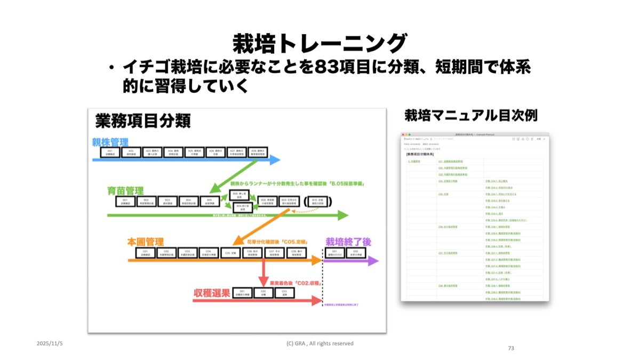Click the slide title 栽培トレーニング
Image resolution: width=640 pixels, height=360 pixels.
click(319, 43)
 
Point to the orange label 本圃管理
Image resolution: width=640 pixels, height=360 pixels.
click(145, 241)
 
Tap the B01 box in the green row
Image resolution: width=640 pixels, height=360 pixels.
click(125, 202)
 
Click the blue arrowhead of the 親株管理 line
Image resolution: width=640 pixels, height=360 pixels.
click(275, 159)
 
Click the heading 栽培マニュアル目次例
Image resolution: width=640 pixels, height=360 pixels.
click(470, 115)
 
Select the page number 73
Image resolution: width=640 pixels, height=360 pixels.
click(511, 348)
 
